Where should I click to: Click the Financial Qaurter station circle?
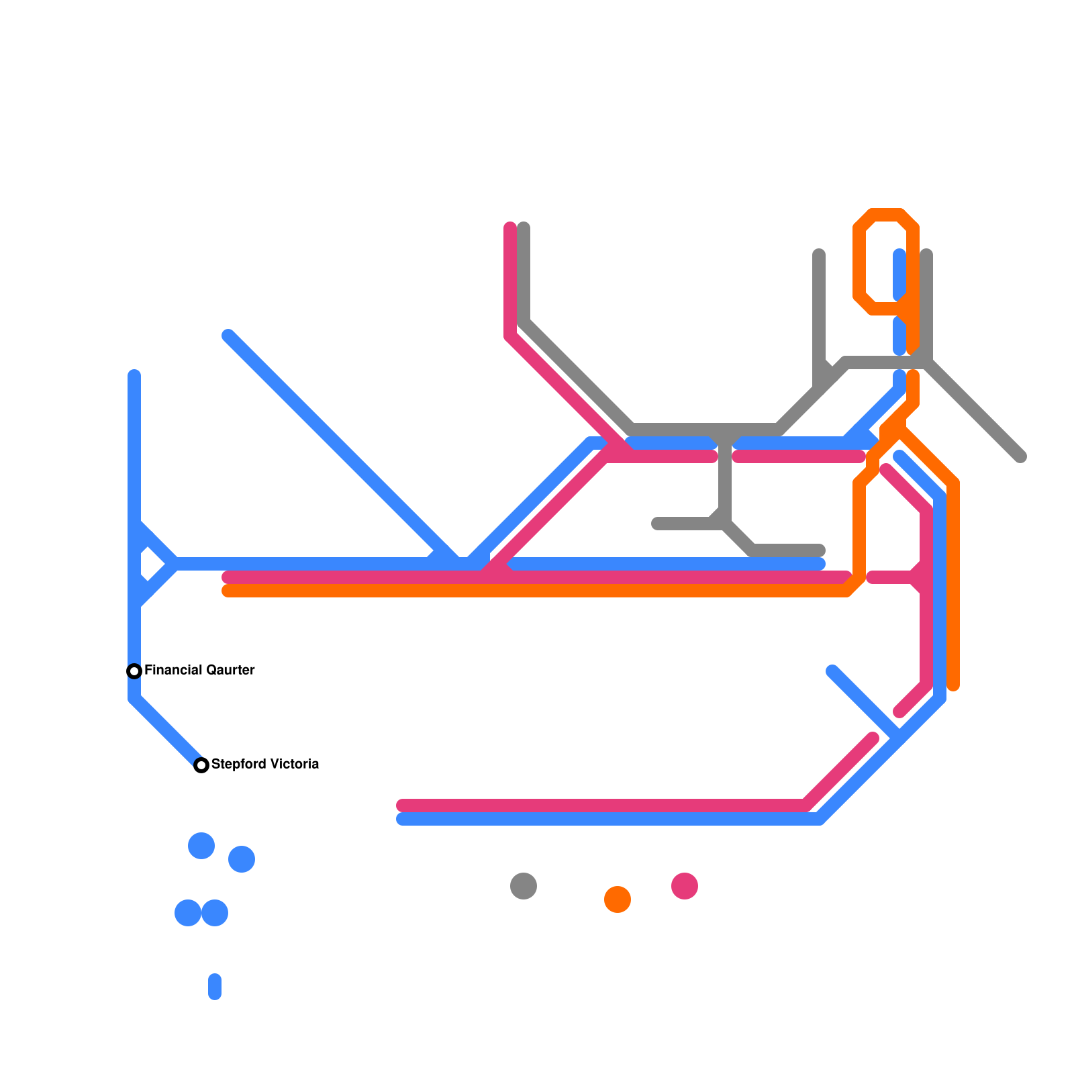(x=134, y=671)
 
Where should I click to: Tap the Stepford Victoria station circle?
(x=201, y=765)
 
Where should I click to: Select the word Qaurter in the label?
(x=230, y=670)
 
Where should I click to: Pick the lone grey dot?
(x=524, y=886)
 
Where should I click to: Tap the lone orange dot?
(x=618, y=899)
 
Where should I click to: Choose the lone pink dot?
(x=685, y=886)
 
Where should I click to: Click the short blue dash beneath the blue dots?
(x=215, y=987)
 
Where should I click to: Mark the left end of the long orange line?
(x=228, y=591)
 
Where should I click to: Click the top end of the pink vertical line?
(x=510, y=228)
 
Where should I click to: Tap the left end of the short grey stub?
(x=657, y=524)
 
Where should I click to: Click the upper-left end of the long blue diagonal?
(x=228, y=336)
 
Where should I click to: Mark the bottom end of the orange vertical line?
(x=953, y=685)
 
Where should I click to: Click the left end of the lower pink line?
(x=402, y=805)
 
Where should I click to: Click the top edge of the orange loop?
(x=886, y=215)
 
